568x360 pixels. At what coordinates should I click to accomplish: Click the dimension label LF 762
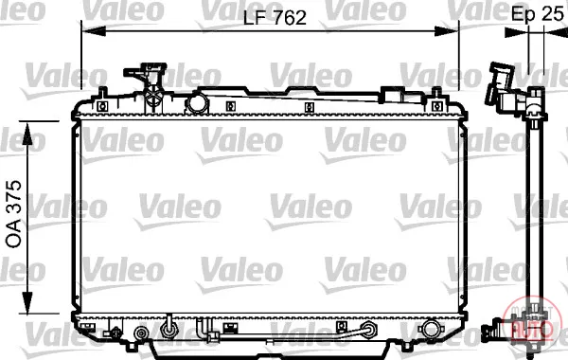pyautogui.click(x=275, y=18)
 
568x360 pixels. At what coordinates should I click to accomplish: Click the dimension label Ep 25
pyautogui.click(x=537, y=13)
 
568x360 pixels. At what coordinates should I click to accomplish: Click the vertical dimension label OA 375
pyautogui.click(x=14, y=214)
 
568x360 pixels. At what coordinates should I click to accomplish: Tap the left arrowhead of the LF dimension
pyautogui.click(x=94, y=31)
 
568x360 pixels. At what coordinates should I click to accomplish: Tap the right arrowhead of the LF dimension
pyautogui.click(x=447, y=31)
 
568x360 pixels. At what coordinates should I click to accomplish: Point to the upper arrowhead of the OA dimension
pyautogui.click(x=27, y=134)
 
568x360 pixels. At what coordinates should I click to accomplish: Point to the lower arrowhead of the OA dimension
pyautogui.click(x=27, y=301)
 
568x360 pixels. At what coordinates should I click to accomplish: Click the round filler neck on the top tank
pyautogui.click(x=198, y=103)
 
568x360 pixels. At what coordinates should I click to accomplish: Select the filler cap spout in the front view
pyautogui.click(x=145, y=74)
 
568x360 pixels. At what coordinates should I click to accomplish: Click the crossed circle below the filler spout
pyautogui.click(x=154, y=97)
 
